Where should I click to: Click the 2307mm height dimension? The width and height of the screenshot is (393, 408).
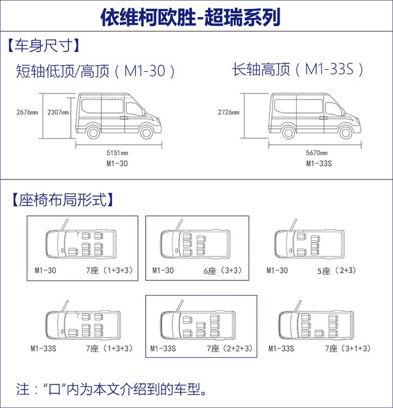(x=58, y=112)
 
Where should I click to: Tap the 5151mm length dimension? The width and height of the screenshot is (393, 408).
(x=117, y=153)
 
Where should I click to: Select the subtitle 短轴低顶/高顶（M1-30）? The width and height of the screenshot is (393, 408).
(x=95, y=71)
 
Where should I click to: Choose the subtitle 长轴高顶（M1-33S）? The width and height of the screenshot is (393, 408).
(x=298, y=70)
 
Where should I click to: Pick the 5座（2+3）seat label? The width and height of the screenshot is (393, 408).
(x=336, y=271)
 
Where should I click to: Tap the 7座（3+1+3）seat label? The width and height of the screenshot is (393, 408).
(x=348, y=348)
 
